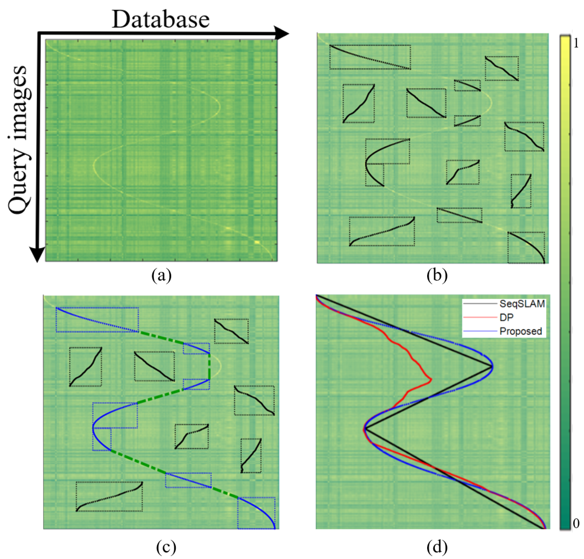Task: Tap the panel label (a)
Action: point(162,275)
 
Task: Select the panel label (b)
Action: point(437,275)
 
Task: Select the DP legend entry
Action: point(506,317)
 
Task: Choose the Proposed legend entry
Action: point(520,331)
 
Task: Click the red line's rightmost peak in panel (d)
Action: point(431,379)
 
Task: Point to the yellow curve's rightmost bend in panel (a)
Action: point(220,106)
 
